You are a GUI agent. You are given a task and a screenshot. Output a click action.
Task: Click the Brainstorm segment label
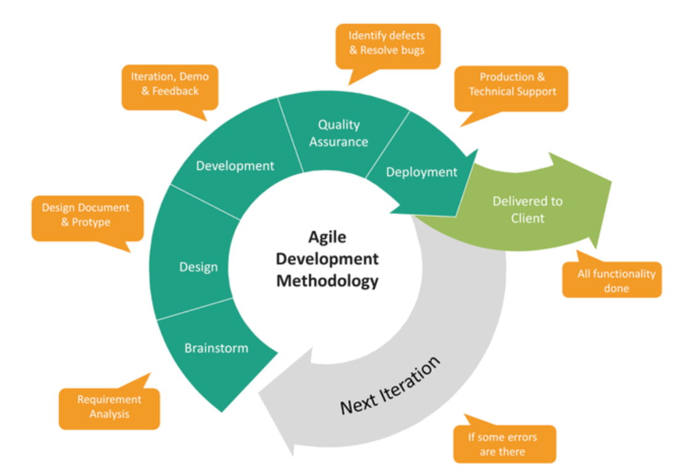[x=217, y=348]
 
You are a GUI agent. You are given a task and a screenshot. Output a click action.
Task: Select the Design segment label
[x=198, y=267]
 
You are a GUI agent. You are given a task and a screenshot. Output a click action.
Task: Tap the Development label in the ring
[x=235, y=166]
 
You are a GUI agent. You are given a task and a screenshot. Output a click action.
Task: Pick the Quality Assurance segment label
[x=338, y=133]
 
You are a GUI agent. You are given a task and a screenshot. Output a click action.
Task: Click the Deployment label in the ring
[x=421, y=172]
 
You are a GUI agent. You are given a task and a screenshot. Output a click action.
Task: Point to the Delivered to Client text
[x=527, y=209]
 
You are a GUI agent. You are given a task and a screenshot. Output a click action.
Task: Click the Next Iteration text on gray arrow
[x=390, y=385]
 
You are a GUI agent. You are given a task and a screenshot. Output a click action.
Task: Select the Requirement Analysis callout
[x=109, y=407]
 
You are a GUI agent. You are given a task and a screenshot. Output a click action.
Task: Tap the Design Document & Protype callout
[x=86, y=215]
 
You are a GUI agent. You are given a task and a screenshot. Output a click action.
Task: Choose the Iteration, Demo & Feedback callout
[x=169, y=84]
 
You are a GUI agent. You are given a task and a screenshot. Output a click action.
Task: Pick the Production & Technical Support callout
[x=512, y=85]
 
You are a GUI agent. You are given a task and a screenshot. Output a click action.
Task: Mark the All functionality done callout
[x=616, y=281]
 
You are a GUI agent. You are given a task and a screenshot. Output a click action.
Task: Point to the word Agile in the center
[x=327, y=237]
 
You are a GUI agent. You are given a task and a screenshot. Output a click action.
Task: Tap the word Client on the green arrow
[x=527, y=218]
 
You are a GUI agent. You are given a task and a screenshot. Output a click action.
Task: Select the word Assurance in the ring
[x=338, y=142]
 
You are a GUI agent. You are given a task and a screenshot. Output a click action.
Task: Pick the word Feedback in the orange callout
[x=176, y=91]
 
